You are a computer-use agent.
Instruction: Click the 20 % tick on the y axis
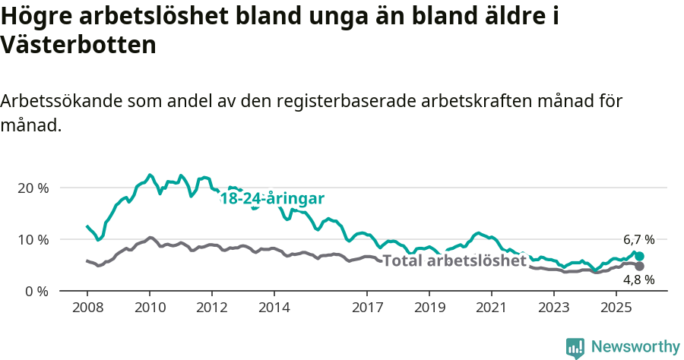[x=33, y=188]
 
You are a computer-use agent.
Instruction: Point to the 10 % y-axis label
[x=33, y=239]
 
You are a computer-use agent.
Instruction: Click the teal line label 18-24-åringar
[x=272, y=199]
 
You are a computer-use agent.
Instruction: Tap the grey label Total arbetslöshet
[x=454, y=261]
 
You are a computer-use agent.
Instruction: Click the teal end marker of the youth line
[x=640, y=257]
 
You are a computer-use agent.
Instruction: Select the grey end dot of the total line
[x=640, y=266]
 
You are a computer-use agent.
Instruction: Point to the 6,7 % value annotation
[x=638, y=239]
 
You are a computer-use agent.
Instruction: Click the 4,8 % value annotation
[x=638, y=280]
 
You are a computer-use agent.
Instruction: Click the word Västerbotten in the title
[x=78, y=45]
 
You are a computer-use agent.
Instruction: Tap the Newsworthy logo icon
[x=575, y=348]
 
